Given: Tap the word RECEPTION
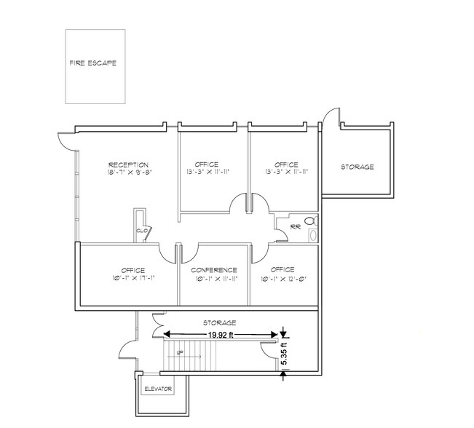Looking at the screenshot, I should [129, 165].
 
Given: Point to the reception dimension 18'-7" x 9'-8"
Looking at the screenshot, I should [129, 173].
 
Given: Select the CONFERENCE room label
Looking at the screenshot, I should [214, 270].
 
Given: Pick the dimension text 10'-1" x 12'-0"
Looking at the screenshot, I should [284, 278].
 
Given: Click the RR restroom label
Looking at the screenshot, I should [294, 226].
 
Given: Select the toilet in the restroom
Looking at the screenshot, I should [309, 220].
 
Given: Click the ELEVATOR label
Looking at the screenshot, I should [158, 389].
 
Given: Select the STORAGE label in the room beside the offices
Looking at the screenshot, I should [358, 167].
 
